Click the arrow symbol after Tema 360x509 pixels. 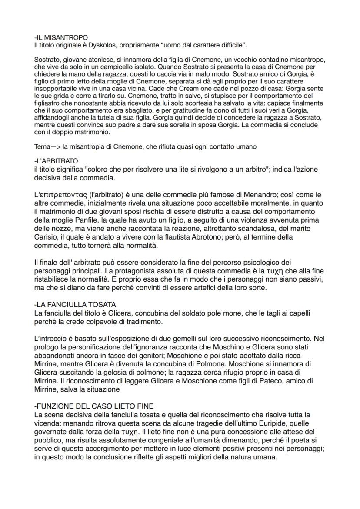pyautogui.click(x=55, y=146)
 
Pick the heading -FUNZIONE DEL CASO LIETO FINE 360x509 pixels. pyautogui.click(x=93, y=406)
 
